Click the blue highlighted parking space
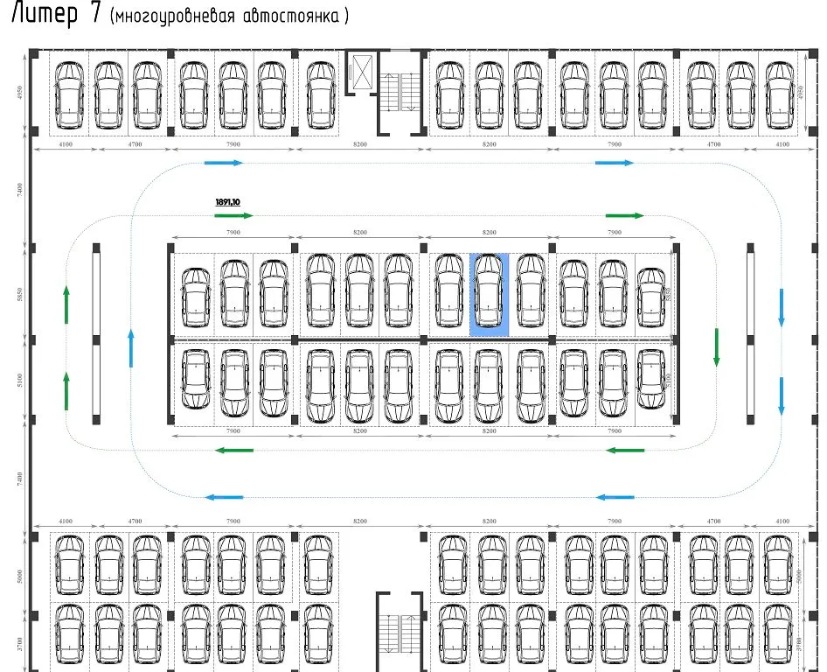click(489, 294)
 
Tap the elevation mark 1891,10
click(227, 202)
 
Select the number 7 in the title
click(95, 15)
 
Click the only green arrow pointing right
click(624, 215)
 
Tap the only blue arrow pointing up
click(130, 348)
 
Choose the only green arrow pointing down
click(716, 347)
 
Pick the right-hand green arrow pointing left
click(625, 451)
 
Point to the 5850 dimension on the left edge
click(20, 295)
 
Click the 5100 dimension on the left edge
click(20, 381)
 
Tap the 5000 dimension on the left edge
click(20, 577)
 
